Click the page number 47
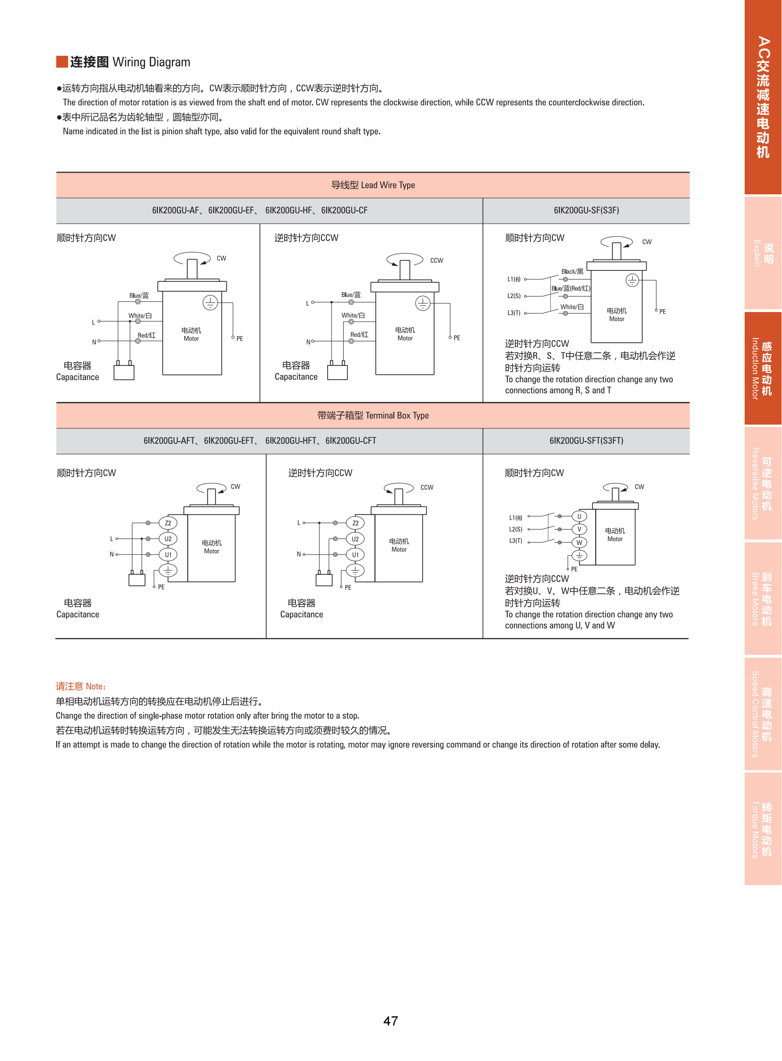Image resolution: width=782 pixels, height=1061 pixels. (391, 1021)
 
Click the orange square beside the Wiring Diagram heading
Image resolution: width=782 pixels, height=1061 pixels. (61, 62)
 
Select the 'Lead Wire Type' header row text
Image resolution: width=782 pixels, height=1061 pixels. (373, 185)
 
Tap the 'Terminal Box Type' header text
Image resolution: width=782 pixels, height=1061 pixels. (373, 415)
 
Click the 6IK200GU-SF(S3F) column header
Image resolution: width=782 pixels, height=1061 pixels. (586, 210)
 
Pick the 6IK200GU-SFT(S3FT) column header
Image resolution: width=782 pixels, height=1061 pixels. (586, 440)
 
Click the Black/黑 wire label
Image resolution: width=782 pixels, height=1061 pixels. (572, 271)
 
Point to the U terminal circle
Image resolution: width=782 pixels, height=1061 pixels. (579, 516)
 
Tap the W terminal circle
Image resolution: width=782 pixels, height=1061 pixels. (579, 543)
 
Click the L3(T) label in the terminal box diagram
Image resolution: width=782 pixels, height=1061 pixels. (515, 541)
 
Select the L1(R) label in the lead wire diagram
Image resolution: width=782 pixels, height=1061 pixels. (513, 279)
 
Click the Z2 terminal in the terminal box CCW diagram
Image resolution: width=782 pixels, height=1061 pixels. (355, 522)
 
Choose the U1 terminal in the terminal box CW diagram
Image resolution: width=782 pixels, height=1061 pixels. (168, 555)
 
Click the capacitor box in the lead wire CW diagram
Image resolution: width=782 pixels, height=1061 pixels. (124, 372)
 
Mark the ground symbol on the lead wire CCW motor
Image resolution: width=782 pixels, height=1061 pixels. (422, 303)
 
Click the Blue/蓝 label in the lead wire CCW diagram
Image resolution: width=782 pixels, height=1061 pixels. (351, 295)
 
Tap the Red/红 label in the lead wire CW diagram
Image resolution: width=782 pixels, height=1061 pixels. (146, 335)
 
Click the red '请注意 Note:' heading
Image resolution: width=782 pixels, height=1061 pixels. (81, 686)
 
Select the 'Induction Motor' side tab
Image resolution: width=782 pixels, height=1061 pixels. (762, 368)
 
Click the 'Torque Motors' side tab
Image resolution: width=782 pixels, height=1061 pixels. (762, 828)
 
